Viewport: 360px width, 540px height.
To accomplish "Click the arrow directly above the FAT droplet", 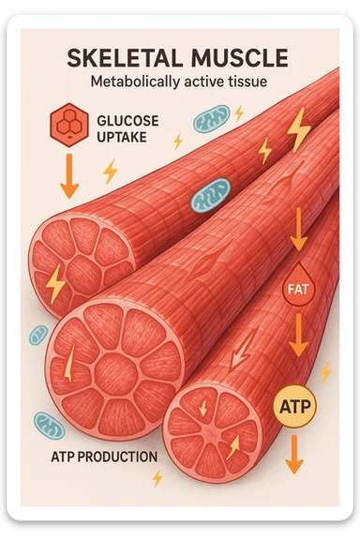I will (298, 230).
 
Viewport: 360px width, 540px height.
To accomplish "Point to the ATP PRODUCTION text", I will (104, 458).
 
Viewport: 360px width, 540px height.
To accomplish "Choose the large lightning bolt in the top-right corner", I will (299, 129).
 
